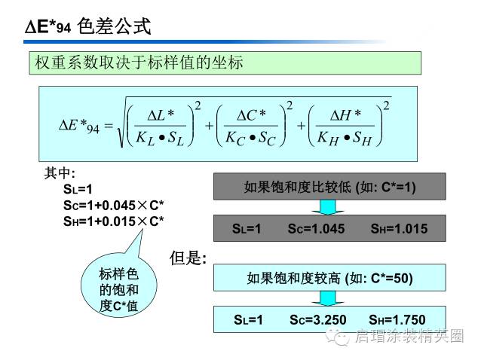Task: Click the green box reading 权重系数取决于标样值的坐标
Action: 225,63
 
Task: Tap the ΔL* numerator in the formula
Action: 160,114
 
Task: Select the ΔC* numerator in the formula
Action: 251,114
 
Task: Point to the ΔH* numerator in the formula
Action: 346,114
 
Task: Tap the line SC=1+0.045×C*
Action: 114,206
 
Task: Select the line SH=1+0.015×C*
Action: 114,221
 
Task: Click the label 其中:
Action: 60,173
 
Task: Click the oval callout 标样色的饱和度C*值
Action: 119,290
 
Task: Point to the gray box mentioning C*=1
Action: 329,187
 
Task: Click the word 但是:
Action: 188,258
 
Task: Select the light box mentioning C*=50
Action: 329,278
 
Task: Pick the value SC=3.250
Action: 317,320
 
